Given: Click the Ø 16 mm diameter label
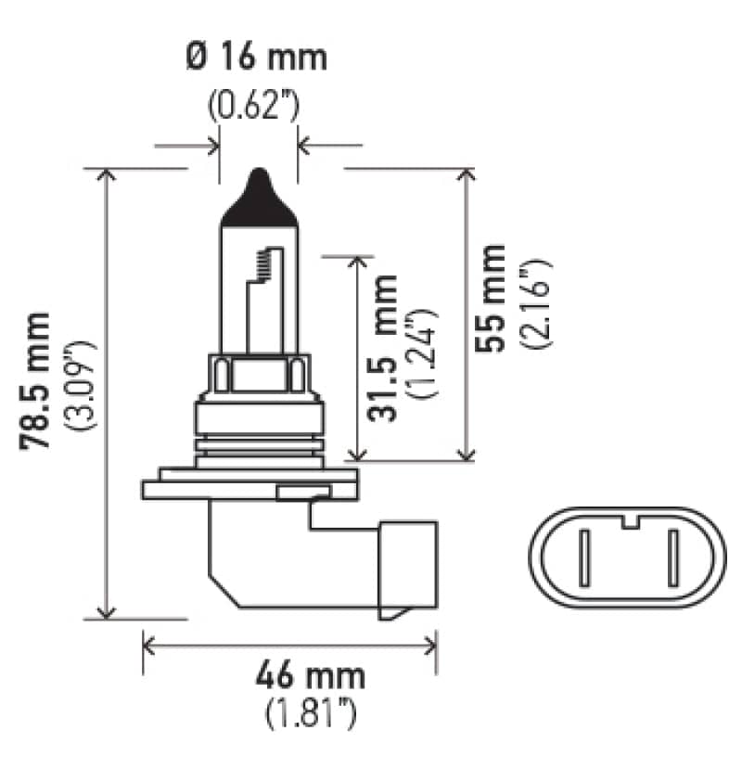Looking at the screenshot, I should click(257, 58).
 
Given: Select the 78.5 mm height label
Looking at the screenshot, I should click(38, 381).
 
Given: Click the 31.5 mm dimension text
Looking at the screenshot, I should click(383, 349).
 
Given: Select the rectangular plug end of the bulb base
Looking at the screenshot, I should click(406, 569).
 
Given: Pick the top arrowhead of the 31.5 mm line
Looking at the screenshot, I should click(356, 260).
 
